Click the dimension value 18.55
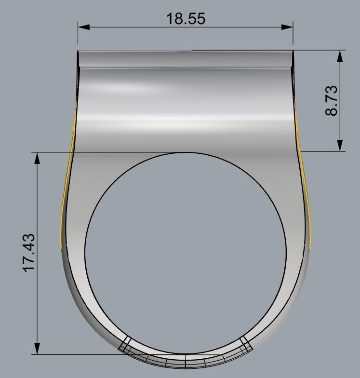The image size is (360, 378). [x=186, y=19]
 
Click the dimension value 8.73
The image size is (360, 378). [x=332, y=100]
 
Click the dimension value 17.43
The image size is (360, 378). [x=29, y=252]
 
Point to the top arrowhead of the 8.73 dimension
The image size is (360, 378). [x=340, y=55]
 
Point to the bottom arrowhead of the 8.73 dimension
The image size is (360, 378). [x=340, y=145]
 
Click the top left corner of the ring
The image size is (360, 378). [x=79, y=51]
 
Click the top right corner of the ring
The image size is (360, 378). [x=293, y=51]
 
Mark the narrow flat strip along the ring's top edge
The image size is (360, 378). [x=186, y=58]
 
